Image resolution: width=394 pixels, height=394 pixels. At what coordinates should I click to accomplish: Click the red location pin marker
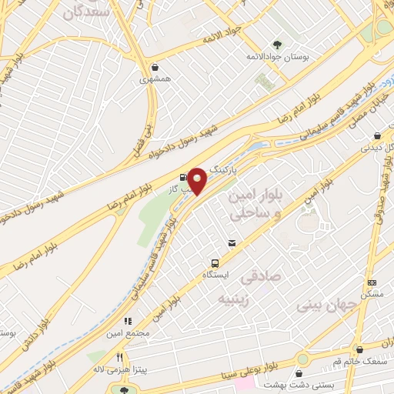pos(198,181)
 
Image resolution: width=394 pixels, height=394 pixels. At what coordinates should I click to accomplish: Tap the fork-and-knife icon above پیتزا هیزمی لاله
pos(119,357)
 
